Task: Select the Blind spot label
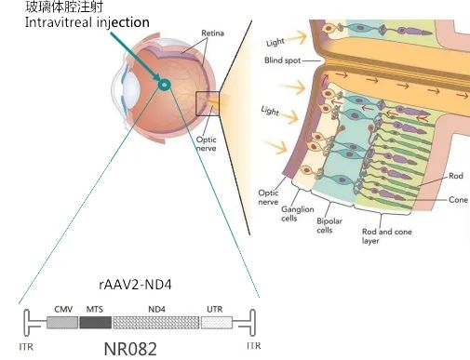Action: pyautogui.click(x=283, y=60)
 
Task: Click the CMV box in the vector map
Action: pyautogui.click(x=61, y=323)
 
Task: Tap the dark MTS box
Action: pyautogui.click(x=94, y=323)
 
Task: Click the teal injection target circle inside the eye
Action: pyautogui.click(x=165, y=86)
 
